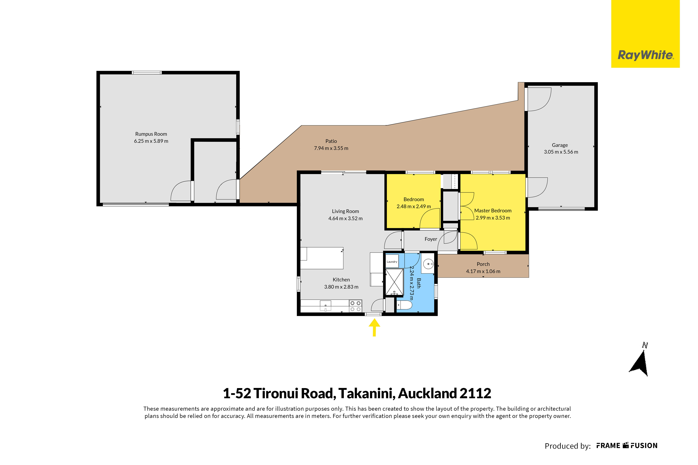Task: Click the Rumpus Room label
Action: (151, 134)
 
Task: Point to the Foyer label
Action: (431, 239)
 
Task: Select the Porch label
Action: (483, 264)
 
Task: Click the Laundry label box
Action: (392, 262)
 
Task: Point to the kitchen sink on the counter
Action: (325, 305)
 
